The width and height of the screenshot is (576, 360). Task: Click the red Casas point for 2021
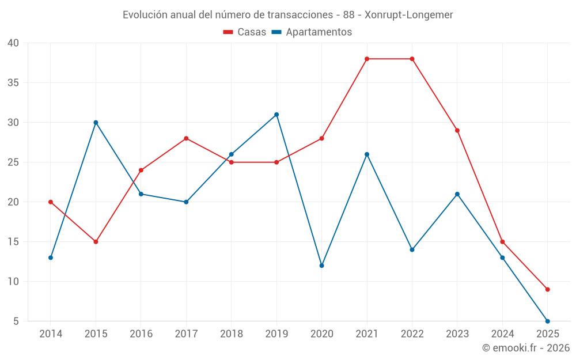click(x=367, y=59)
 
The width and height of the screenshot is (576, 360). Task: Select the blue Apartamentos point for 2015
click(x=96, y=122)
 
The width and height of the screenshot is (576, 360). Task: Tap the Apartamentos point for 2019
click(x=276, y=115)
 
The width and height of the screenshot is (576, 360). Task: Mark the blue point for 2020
click(x=321, y=266)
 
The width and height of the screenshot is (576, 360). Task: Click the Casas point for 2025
click(x=547, y=289)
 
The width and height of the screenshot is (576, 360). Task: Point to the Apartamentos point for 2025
click(x=547, y=321)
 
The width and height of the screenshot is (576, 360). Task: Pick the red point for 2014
click(x=51, y=202)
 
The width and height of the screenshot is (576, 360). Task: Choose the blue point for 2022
click(x=412, y=249)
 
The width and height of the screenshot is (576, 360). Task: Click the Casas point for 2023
click(x=457, y=130)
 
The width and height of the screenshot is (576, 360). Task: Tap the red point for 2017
click(x=186, y=138)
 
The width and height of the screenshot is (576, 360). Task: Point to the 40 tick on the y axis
click(x=13, y=43)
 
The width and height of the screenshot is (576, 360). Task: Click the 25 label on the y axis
click(x=13, y=162)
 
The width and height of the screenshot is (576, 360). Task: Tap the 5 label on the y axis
click(x=16, y=321)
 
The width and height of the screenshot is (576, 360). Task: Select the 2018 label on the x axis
click(x=231, y=334)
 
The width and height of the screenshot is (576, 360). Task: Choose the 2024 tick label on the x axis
click(x=502, y=334)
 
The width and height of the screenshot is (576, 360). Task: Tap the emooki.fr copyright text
click(x=526, y=348)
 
